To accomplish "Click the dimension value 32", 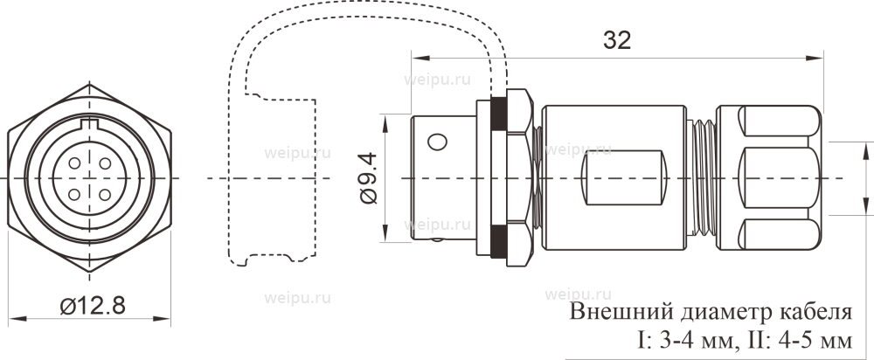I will tap(617, 41).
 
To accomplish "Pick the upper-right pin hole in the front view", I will tap(103, 163).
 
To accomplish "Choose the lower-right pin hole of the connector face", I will tap(103, 192).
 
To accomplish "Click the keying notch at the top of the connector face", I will tap(89, 132).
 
